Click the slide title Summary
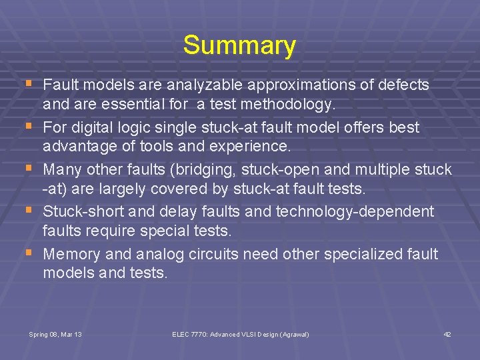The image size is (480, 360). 239,45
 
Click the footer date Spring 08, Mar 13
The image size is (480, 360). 55,334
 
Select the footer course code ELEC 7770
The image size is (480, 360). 189,334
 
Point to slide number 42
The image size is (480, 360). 447,334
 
